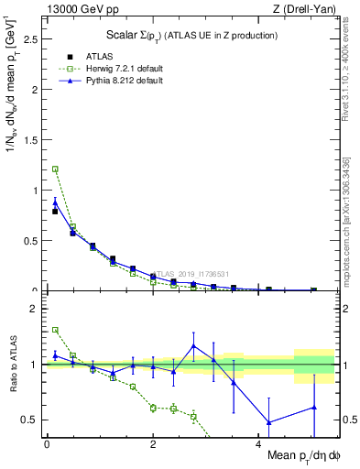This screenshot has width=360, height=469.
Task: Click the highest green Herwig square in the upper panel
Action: (x=55, y=169)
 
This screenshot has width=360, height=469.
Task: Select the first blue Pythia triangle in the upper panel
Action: (x=55, y=203)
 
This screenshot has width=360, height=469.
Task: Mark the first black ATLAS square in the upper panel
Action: (x=55, y=212)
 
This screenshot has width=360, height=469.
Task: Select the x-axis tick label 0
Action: (x=47, y=444)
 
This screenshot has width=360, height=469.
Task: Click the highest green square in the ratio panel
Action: (x=55, y=330)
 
